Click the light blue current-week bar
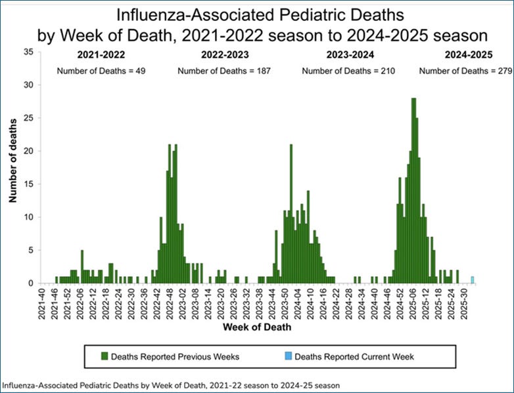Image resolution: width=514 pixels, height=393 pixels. [x=472, y=280]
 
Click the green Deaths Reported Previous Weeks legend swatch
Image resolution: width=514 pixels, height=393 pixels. [x=103, y=357]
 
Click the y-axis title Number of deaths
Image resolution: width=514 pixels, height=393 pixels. [x=13, y=167]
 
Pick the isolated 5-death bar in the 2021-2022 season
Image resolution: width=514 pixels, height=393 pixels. [x=82, y=266]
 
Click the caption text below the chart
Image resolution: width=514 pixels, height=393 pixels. [x=171, y=385]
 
